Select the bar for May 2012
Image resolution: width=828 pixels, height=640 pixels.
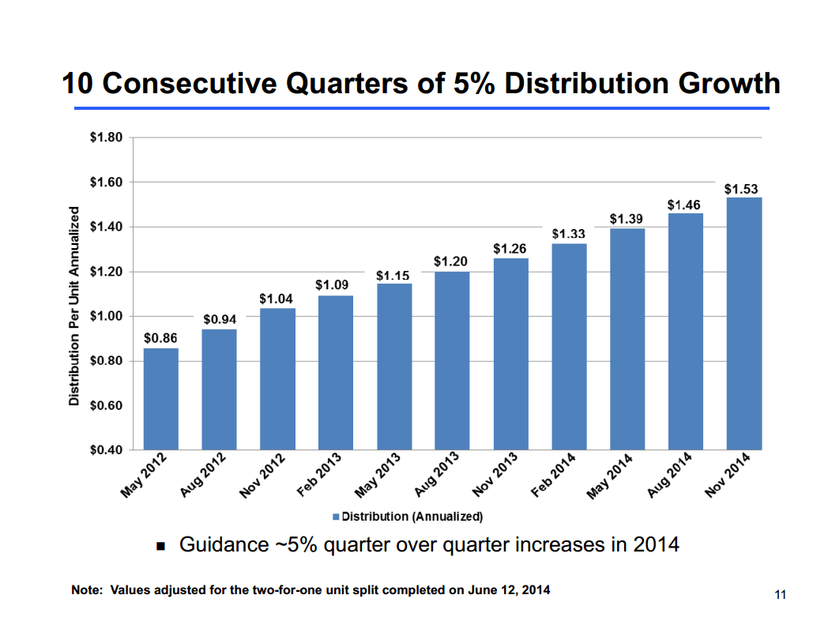tap(160, 399)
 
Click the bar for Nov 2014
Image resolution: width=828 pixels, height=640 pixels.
tap(744, 324)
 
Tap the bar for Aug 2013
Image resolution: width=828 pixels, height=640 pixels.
tap(452, 361)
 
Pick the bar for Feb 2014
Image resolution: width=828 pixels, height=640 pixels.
tap(569, 347)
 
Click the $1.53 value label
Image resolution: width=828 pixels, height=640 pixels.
tap(741, 190)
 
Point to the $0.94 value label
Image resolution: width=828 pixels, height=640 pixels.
tap(220, 320)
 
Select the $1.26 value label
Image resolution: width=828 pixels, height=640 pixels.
tap(510, 249)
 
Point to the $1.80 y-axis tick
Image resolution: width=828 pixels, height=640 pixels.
tap(107, 137)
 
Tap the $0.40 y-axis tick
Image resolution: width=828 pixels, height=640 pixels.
tap(107, 450)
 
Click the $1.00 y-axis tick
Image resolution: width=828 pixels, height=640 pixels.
tap(107, 317)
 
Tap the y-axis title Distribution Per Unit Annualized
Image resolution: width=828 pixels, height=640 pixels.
tap(73, 306)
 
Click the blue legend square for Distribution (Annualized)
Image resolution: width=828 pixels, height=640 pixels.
tap(336, 517)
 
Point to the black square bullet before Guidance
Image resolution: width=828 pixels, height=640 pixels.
tap(161, 546)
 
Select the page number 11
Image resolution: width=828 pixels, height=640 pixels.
tap(781, 595)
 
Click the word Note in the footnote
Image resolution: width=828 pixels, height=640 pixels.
tap(85, 590)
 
